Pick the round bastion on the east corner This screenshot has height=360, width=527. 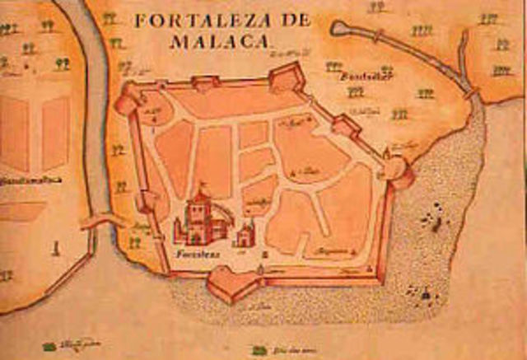point(395,171)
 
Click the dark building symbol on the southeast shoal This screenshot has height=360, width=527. point(425,292)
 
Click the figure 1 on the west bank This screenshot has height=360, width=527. point(55,245)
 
